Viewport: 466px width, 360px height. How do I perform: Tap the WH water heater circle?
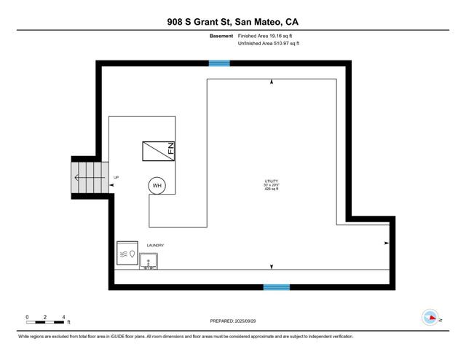[x=157, y=186]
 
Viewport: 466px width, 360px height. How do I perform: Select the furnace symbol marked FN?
[x=159, y=151]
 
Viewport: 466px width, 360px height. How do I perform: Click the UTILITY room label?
[x=271, y=181]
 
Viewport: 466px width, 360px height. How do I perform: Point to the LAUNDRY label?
[x=156, y=246]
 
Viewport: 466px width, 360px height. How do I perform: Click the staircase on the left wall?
[x=86, y=177]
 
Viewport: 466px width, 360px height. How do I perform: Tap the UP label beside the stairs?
[x=116, y=178]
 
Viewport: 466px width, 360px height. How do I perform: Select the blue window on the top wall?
[x=219, y=63]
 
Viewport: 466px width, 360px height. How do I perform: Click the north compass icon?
[x=431, y=317]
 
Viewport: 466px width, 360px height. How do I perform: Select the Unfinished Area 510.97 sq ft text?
[x=269, y=44]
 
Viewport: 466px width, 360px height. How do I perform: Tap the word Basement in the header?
[x=222, y=36]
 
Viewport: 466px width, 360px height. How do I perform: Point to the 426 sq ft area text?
[x=271, y=189]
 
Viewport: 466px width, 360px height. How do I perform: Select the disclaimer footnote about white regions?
[x=186, y=336]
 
